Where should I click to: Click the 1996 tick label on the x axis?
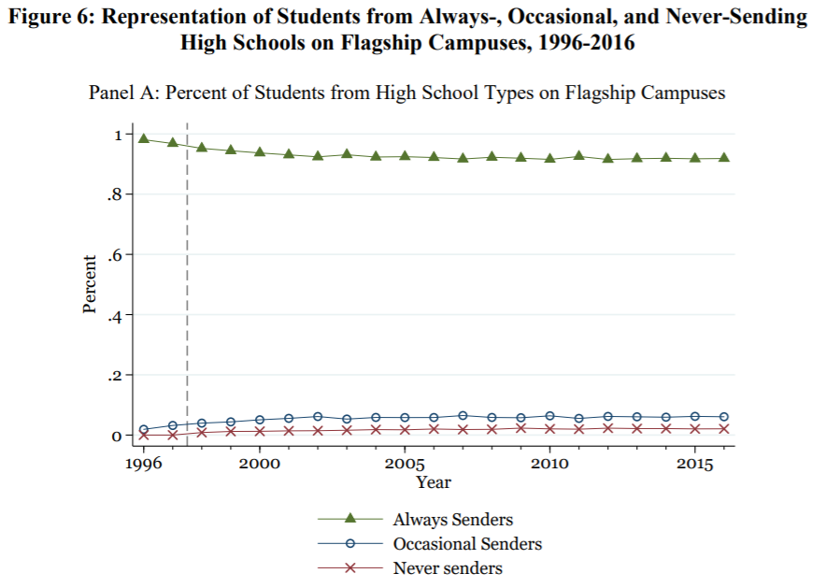click(x=144, y=464)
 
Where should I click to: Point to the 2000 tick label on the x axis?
click(x=260, y=464)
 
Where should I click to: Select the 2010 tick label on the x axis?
click(x=549, y=464)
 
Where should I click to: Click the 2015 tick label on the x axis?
click(x=693, y=464)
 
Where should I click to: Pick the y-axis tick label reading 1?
click(x=119, y=135)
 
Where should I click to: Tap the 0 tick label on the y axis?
click(x=118, y=436)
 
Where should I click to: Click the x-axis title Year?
click(x=434, y=482)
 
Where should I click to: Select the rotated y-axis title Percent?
click(x=90, y=284)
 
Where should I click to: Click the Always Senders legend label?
click(x=453, y=520)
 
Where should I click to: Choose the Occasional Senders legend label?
click(x=467, y=544)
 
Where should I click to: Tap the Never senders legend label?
click(x=448, y=568)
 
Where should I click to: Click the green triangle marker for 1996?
click(x=144, y=137)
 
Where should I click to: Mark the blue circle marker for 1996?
click(x=144, y=429)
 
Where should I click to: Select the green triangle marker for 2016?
click(x=723, y=158)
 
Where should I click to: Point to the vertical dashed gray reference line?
click(x=187, y=280)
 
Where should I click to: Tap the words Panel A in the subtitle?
click(x=121, y=93)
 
